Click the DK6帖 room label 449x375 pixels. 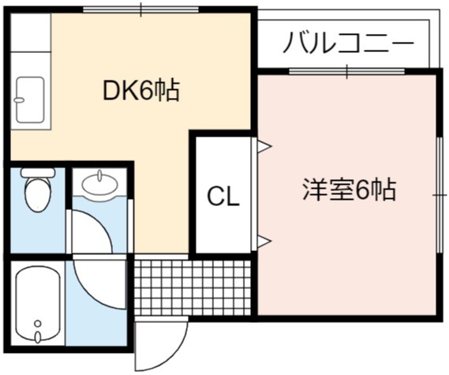(x=141, y=91)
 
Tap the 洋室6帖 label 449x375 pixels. (x=350, y=189)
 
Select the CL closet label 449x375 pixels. (x=223, y=196)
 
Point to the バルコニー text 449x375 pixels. (x=349, y=43)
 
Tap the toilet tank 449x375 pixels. (x=38, y=172)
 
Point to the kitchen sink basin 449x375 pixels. (x=30, y=99)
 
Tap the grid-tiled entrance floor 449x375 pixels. (x=193, y=287)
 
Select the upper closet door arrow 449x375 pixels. (x=264, y=147)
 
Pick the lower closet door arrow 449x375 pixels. (x=264, y=242)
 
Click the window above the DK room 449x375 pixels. (x=141, y=9)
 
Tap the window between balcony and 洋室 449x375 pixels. (x=347, y=71)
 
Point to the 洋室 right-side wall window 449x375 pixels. (x=440, y=195)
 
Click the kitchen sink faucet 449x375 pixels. (x=20, y=100)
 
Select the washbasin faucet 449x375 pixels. (x=99, y=175)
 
